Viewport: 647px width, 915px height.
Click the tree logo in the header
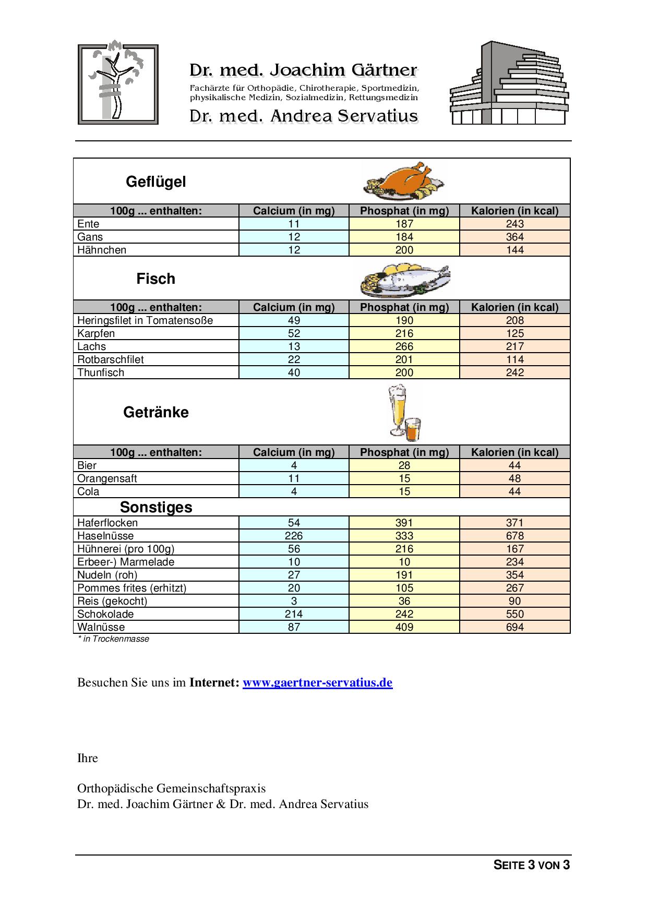click(118, 84)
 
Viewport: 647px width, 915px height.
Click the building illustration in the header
click(509, 83)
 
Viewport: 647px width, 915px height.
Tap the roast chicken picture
click(404, 181)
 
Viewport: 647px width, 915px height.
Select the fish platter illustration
click(405, 279)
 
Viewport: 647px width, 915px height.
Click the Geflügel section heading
click(155, 182)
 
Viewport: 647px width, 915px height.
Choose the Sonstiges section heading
click(156, 507)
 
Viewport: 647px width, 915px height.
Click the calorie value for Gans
click(514, 237)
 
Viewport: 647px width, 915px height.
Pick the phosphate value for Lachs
click(404, 346)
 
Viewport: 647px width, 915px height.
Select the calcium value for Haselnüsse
click(294, 536)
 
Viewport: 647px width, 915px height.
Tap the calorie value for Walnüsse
click(514, 627)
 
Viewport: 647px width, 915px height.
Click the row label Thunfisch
click(101, 372)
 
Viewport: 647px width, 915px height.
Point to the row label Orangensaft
click(107, 478)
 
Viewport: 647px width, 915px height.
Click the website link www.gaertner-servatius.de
click(317, 682)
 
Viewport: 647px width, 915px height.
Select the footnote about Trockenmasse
click(113, 639)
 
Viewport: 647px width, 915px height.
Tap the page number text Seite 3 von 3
click(531, 865)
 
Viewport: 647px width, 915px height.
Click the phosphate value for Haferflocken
click(404, 523)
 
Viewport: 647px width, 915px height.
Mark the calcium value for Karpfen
click(294, 333)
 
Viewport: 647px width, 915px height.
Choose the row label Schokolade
click(105, 614)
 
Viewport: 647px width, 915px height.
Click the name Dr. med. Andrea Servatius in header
click(304, 116)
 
